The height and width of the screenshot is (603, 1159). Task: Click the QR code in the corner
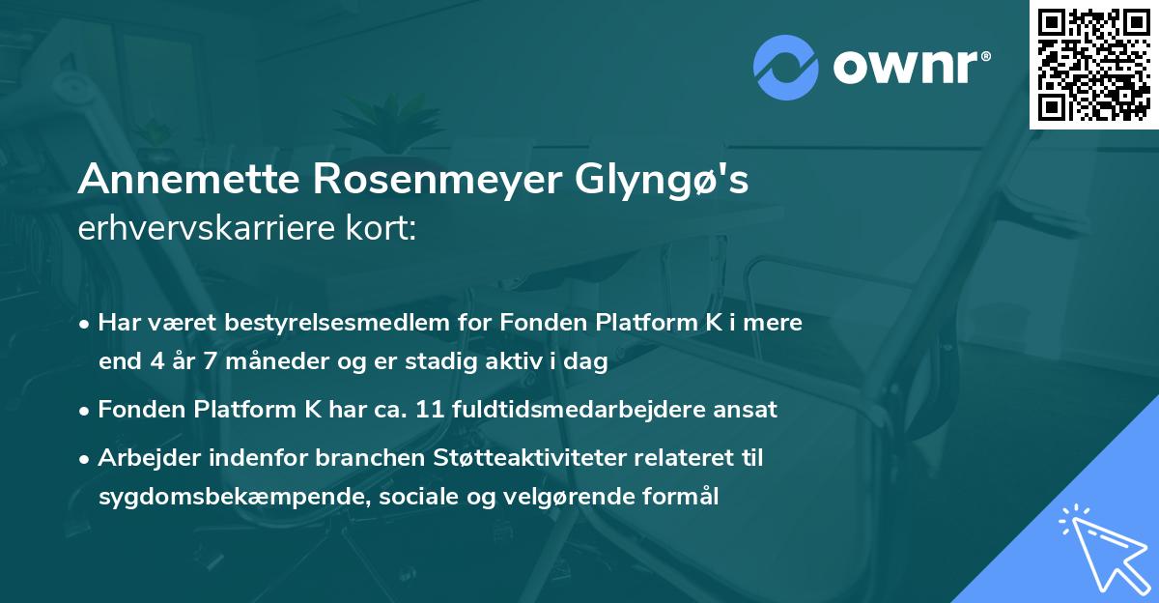pyautogui.click(x=1093, y=65)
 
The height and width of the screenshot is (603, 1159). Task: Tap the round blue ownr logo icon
pyautogui.click(x=786, y=66)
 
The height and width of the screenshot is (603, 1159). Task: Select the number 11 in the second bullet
pyautogui.click(x=428, y=410)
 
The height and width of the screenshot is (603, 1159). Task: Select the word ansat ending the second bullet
pyautogui.click(x=745, y=410)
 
